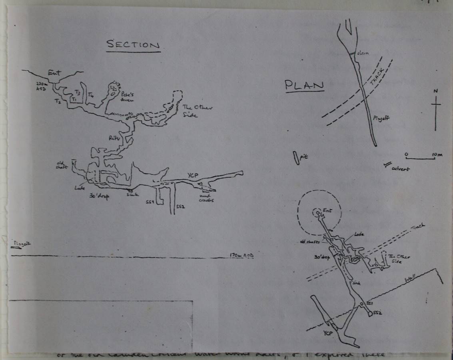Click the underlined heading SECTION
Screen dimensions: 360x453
click(x=133, y=44)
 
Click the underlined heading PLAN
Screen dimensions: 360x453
click(x=304, y=85)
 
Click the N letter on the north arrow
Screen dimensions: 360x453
click(x=435, y=91)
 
